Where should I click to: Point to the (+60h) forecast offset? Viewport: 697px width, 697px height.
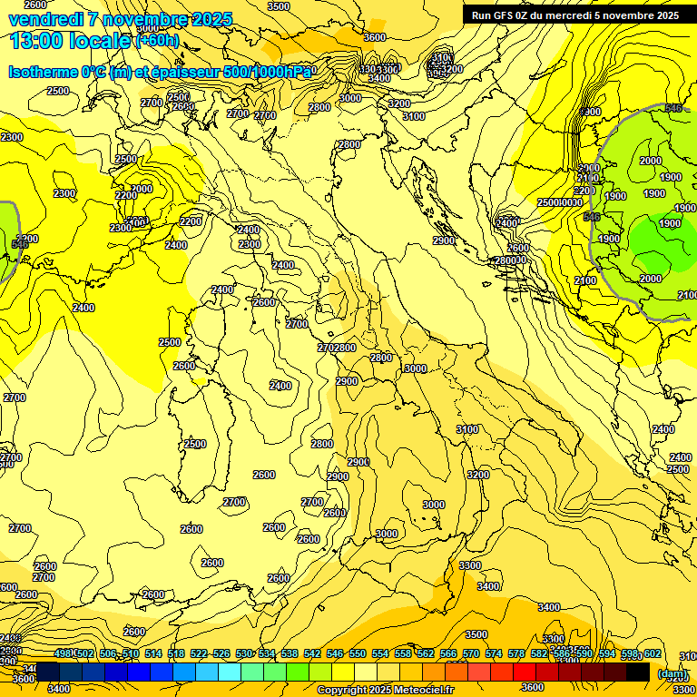point(156,41)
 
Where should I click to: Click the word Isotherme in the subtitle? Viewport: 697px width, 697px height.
point(43,73)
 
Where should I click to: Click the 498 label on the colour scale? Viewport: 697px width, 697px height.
point(63,653)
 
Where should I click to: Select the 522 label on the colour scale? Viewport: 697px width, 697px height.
point(199,653)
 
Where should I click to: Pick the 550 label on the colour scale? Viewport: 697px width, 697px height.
point(358,653)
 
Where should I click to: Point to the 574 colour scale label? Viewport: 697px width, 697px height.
point(494,653)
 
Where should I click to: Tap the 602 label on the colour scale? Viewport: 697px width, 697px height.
point(652,653)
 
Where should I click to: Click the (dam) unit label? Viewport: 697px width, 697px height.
point(672,672)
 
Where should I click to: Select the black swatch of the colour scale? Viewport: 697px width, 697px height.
point(638,672)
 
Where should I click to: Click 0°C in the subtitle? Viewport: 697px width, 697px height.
point(94,73)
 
